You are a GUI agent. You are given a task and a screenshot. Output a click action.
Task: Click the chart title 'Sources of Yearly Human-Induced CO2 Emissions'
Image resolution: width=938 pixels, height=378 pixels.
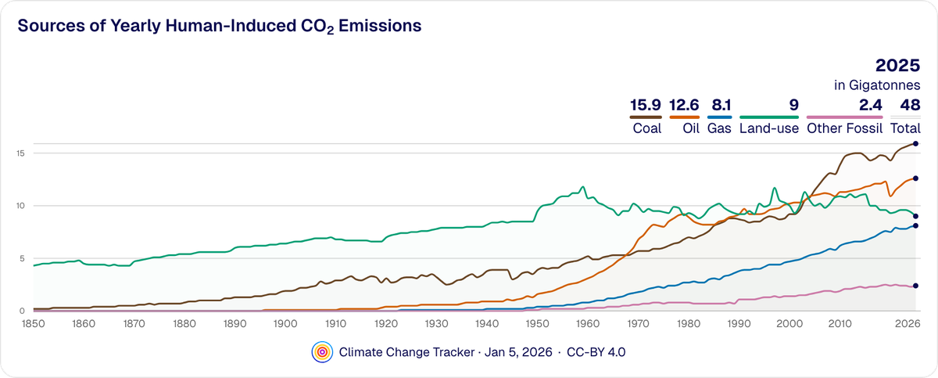pos(220,26)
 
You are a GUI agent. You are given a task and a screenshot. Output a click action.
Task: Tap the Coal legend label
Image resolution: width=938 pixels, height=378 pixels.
pos(646,128)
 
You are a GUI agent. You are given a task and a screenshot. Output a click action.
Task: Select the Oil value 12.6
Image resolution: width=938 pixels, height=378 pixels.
pos(684,105)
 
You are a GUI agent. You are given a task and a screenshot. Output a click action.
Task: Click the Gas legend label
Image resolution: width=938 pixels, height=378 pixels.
pos(719,128)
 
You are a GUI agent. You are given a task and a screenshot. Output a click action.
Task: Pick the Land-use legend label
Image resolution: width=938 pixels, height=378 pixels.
pos(769,128)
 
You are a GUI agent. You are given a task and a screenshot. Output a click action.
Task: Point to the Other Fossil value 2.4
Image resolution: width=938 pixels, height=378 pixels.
pos(869,105)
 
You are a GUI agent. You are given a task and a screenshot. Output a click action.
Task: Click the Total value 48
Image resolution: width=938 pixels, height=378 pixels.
pos(910,105)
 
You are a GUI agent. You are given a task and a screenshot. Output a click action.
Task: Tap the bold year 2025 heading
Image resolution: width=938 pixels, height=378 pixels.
pos(897,66)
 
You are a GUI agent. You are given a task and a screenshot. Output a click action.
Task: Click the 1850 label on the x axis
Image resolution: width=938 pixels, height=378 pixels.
pos(32,322)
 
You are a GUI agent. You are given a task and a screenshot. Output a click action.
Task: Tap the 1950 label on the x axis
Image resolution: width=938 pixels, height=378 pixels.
pos(536,322)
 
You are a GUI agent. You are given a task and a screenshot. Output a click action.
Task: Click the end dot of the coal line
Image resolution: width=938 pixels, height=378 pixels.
pos(915,144)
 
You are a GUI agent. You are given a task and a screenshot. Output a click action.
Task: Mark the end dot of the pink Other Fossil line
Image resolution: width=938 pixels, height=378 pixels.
pos(915,286)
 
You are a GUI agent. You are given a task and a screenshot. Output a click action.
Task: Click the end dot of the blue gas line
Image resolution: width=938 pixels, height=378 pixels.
pos(915,225)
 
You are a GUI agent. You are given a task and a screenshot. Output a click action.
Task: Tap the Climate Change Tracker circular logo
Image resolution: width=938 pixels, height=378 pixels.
pos(321,352)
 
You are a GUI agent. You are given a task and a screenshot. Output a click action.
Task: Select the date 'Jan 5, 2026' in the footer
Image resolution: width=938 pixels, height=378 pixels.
pos(519,352)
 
